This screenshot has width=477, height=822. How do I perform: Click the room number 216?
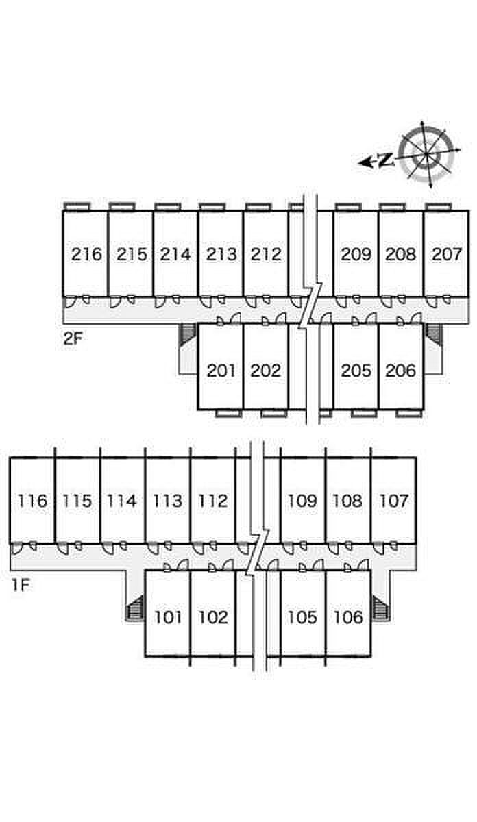coord(86,255)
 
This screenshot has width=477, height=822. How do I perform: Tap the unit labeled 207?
coord(446,255)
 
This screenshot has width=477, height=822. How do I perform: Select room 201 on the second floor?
coord(221,371)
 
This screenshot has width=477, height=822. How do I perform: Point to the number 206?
coord(401,371)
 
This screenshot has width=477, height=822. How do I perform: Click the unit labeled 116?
coord(33,501)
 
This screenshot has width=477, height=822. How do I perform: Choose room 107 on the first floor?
coord(393,501)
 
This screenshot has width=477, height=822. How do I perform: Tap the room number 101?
coord(168,617)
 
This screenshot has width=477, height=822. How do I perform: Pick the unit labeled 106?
coord(348,617)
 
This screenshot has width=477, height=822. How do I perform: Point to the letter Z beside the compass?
coord(385,160)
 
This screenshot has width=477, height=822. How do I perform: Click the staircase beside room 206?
coord(433,332)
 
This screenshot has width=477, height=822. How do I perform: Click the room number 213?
coord(221,255)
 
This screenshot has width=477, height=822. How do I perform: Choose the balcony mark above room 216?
coord(76,206)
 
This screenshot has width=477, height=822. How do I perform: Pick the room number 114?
coord(122,501)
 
